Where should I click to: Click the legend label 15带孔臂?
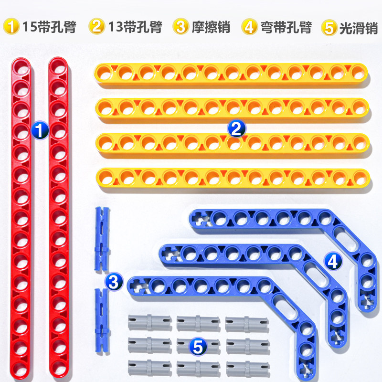(x=50, y=27)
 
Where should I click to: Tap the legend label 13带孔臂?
(x=136, y=27)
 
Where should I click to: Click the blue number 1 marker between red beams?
(x=40, y=129)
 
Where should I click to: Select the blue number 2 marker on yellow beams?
(x=236, y=128)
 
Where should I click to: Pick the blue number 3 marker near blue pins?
(x=114, y=281)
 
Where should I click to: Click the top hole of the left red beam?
(x=21, y=68)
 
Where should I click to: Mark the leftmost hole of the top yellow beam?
(x=104, y=73)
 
